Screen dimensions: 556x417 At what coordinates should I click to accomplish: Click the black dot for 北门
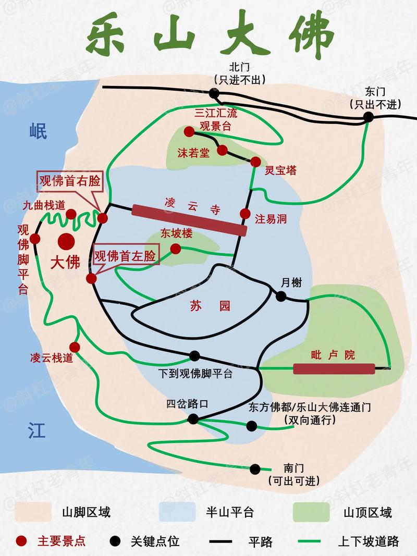[x=214, y=93]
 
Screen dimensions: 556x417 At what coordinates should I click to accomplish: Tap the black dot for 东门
[x=369, y=117]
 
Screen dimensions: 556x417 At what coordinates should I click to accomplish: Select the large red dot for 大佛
[x=67, y=242]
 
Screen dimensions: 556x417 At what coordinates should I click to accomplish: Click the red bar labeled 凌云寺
[x=189, y=220]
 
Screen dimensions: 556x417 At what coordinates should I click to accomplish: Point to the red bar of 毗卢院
[x=334, y=369]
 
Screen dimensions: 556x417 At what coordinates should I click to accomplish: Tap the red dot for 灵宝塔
[x=255, y=162]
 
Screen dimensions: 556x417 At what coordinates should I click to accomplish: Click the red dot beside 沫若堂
[x=222, y=150]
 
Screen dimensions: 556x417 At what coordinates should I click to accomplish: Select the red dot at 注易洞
[x=246, y=213]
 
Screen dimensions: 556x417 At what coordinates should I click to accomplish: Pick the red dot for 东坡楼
[x=176, y=249]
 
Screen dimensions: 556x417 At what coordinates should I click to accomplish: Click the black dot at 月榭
[x=281, y=296]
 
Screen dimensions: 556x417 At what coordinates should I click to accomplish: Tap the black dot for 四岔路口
[x=193, y=418]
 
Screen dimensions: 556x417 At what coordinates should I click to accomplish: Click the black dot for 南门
[x=255, y=469]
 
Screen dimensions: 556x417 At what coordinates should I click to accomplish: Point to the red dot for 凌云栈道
[x=75, y=347]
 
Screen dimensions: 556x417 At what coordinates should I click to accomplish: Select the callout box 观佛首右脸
[x=69, y=181]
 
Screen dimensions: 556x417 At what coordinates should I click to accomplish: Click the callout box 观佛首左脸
[x=124, y=255]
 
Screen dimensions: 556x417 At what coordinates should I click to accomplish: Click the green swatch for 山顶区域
[x=311, y=512]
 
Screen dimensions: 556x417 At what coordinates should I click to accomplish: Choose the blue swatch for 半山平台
[x=177, y=512]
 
